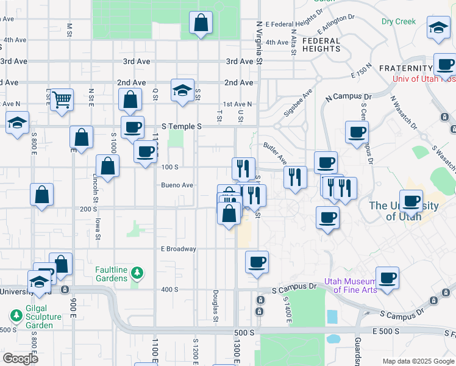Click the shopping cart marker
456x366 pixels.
[62, 99]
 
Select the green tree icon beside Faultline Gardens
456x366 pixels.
[138, 272]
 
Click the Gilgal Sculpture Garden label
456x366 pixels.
[43, 321]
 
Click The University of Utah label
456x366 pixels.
[404, 210]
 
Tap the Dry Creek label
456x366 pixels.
[399, 21]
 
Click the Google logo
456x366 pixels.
[20, 359]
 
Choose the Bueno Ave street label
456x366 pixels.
[177, 185]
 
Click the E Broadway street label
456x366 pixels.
[178, 249]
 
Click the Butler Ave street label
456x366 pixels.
[275, 153]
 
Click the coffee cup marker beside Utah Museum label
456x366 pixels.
[387, 279]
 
